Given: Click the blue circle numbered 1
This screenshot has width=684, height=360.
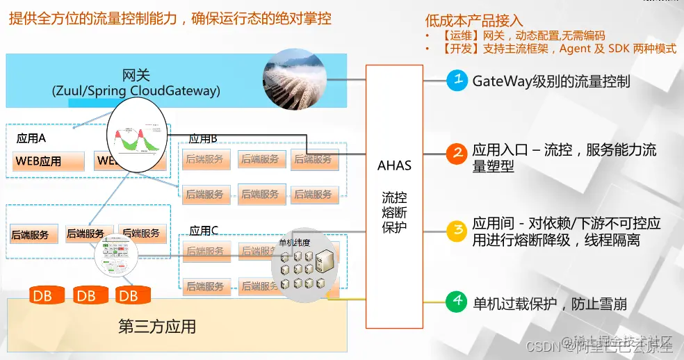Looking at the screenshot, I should (x=457, y=80).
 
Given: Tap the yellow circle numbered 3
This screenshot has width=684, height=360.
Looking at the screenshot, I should (x=457, y=229).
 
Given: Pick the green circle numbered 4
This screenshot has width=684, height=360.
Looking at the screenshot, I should (x=457, y=301).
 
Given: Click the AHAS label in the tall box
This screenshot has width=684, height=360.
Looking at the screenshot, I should (x=394, y=165).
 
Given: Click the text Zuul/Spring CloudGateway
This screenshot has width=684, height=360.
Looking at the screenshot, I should (x=136, y=91).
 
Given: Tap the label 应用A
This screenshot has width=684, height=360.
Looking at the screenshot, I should (x=31, y=138).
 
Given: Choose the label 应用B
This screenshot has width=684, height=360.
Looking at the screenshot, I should (x=204, y=138).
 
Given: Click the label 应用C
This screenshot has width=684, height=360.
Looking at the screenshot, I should (x=204, y=230).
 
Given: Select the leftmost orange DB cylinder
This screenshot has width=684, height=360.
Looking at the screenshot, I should (x=42, y=296).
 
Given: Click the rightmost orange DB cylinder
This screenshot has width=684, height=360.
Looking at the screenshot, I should (x=128, y=296).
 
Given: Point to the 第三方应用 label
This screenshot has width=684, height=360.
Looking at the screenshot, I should (x=157, y=326).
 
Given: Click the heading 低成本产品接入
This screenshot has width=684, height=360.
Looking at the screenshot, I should (x=474, y=22).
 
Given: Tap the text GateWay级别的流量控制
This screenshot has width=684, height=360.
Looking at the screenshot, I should (x=551, y=81).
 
